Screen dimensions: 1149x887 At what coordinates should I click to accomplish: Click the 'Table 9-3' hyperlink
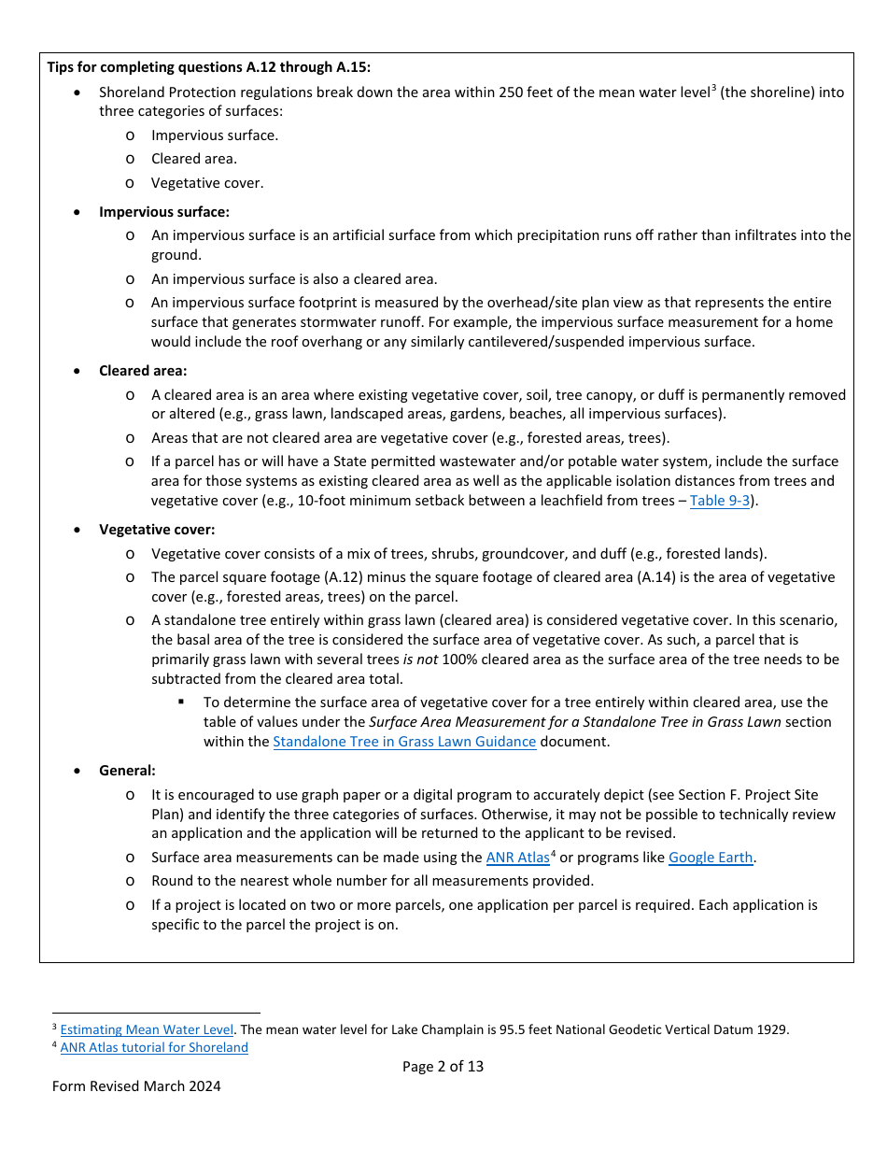click(x=719, y=501)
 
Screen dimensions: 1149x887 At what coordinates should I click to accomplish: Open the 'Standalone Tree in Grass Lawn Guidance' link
click(x=404, y=742)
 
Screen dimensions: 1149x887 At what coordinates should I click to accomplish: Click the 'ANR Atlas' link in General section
click(x=517, y=858)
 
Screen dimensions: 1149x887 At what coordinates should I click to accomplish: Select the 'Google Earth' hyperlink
click(x=711, y=858)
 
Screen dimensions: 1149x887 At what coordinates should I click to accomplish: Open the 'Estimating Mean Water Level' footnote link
click(x=147, y=1029)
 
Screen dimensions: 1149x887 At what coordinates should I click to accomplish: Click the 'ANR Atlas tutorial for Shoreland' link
click(x=154, y=1047)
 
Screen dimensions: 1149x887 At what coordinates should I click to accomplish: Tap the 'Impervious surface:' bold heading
click(x=164, y=212)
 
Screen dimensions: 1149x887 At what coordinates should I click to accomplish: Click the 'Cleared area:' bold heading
click(x=143, y=371)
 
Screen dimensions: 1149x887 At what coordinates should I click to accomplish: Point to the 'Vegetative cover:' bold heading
click(x=157, y=530)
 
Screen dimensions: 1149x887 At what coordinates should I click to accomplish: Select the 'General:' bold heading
click(x=127, y=771)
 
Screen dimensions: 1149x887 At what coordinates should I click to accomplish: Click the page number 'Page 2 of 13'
click(x=443, y=1066)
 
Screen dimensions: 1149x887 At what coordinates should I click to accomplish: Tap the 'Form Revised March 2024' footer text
click(x=136, y=1085)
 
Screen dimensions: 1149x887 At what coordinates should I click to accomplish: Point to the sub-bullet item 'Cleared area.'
click(x=194, y=159)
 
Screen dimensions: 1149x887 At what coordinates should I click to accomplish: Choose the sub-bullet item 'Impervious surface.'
click(x=215, y=135)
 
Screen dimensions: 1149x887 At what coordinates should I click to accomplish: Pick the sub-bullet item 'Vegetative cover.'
click(x=207, y=183)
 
